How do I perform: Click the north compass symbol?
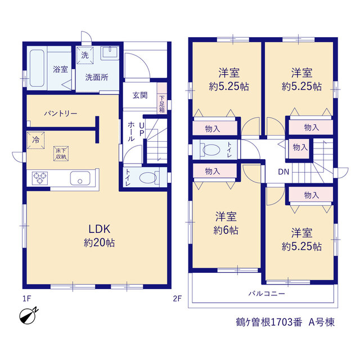click(28, 316)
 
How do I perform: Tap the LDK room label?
click(100, 229)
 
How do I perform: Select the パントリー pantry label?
click(61, 114)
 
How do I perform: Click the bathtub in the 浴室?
click(37, 68)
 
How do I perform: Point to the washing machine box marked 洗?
click(85, 55)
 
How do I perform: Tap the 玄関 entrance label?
click(140, 95)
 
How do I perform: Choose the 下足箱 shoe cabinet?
click(162, 98)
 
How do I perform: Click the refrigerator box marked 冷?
click(36, 140)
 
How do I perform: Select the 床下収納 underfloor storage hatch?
click(61, 154)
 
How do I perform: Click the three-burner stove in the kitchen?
click(40, 178)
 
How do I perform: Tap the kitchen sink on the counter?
click(80, 178)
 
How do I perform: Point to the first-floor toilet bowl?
click(148, 178)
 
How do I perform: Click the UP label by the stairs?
click(142, 129)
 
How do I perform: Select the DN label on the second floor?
click(283, 172)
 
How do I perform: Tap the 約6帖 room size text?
click(226, 230)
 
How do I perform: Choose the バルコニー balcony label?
click(267, 294)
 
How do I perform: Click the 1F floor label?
click(26, 299)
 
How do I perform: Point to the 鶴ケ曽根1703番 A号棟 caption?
click(285, 322)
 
